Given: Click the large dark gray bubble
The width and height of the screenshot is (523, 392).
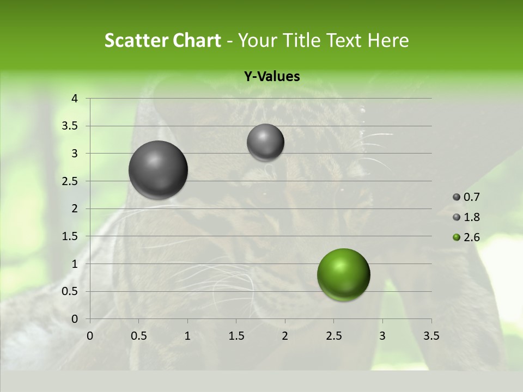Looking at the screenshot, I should click(x=159, y=170).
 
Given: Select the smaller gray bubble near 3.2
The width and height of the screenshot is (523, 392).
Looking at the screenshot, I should click(x=265, y=142).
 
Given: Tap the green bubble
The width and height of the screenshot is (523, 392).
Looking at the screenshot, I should click(x=343, y=274).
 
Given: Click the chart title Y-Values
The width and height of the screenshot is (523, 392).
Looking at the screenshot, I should click(x=272, y=77).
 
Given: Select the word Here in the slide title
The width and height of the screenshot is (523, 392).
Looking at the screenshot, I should click(x=388, y=40).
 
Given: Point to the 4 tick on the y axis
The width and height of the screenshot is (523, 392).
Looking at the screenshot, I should click(x=74, y=99).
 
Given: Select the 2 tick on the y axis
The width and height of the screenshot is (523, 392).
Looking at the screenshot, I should click(x=74, y=209).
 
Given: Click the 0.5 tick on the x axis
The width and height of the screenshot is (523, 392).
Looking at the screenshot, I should click(x=138, y=336).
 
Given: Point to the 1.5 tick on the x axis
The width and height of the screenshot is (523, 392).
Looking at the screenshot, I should click(x=236, y=336).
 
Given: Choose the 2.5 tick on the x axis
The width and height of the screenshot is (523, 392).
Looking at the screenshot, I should click(x=333, y=336).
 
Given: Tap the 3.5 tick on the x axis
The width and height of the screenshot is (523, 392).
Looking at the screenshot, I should click(x=431, y=336).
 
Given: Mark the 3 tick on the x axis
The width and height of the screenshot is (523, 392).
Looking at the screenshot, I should click(x=382, y=336).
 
